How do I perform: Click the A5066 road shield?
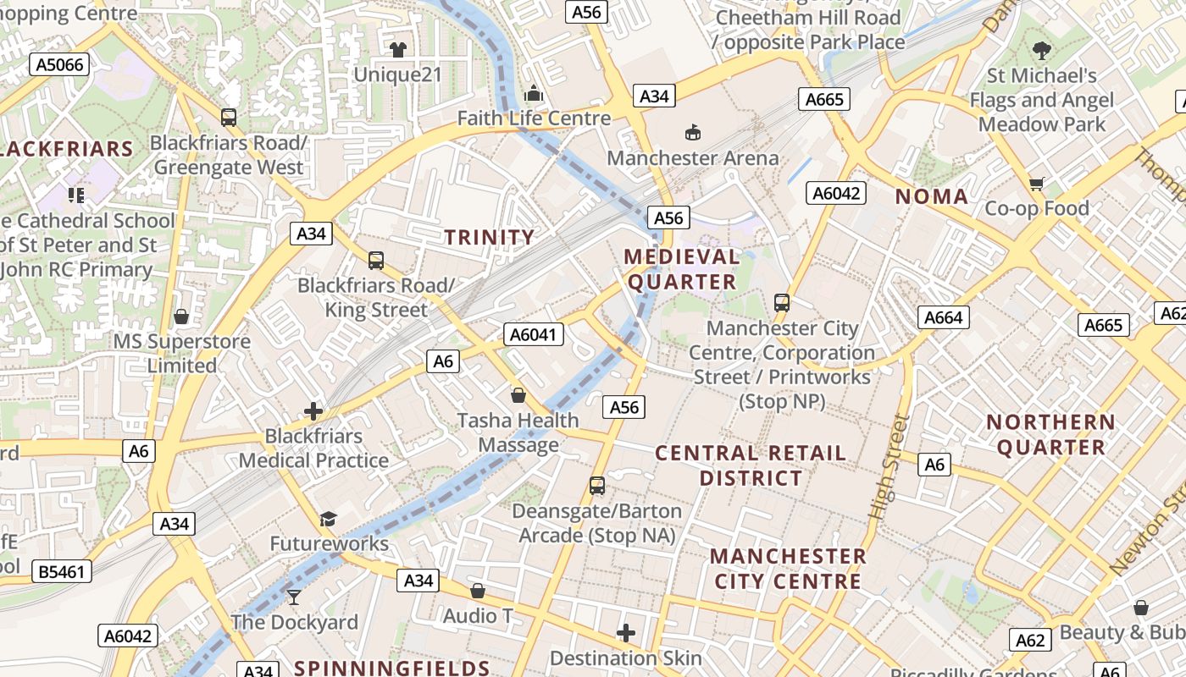59,64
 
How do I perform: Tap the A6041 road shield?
534,334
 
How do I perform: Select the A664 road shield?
944,317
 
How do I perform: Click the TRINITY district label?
490,237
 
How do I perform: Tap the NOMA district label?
932,196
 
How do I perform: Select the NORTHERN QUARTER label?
1050,434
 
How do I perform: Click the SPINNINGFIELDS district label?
392,668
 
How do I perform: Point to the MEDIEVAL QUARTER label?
681,269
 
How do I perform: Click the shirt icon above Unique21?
397,49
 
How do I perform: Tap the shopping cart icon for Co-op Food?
1036,184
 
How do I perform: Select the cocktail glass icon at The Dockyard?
294,597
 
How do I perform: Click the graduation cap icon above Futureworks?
328,519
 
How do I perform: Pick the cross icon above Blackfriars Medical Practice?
313,411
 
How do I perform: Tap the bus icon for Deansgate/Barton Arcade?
597,486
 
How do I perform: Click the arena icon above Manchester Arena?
693,132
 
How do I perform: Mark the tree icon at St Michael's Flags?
1041,51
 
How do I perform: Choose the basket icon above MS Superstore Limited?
181,316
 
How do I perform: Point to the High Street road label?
888,467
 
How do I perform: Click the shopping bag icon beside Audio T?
478,591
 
